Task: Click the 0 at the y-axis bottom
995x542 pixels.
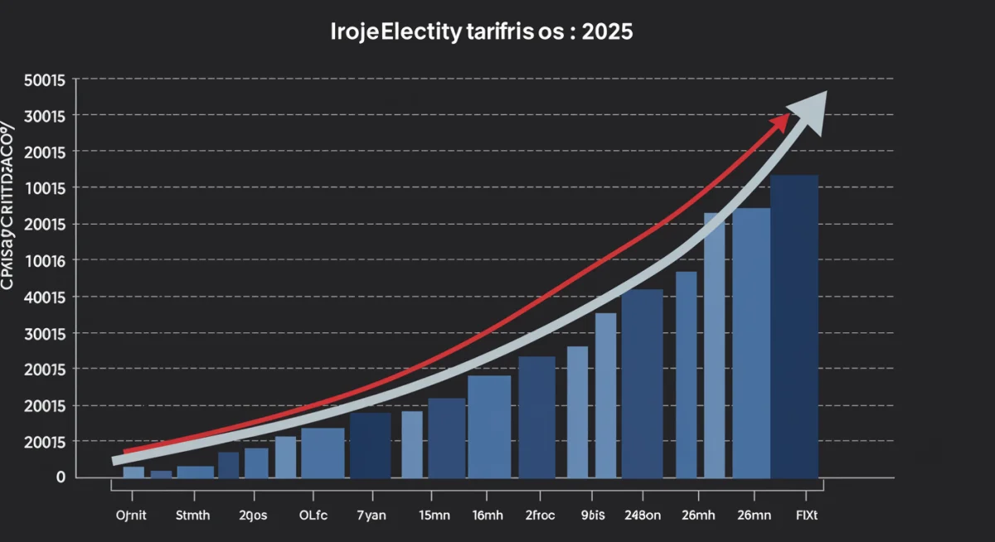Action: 61,477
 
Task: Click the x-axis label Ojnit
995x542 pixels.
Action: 131,515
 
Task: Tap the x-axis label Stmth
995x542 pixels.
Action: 193,515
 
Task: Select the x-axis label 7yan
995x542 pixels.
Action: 371,515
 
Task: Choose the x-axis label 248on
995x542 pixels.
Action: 643,515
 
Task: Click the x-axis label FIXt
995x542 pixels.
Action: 806,515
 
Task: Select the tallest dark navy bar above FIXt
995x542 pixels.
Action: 794,327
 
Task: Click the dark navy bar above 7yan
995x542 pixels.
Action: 370,446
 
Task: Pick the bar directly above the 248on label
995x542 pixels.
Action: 643,384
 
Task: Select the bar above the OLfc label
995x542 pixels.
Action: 323,452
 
